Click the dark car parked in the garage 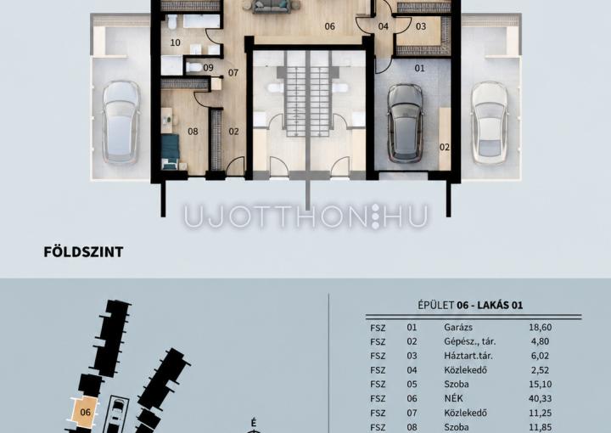click(x=406, y=123)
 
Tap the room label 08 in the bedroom click(x=193, y=132)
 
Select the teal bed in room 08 click(x=171, y=152)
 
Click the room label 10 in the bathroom click(x=176, y=42)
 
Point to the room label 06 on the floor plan click(x=329, y=26)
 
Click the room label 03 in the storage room click(x=421, y=26)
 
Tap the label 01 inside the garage click(x=420, y=68)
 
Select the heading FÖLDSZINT click(x=83, y=252)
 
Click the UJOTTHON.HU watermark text click(x=305, y=216)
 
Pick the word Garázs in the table click(x=458, y=328)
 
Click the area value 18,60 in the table click(x=540, y=328)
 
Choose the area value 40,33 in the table click(x=540, y=398)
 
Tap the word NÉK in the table click(x=453, y=398)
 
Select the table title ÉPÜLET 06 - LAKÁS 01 click(x=470, y=305)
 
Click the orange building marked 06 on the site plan click(x=85, y=412)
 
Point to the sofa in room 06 click(x=272, y=6)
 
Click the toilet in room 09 click(x=193, y=67)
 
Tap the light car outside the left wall click(x=121, y=122)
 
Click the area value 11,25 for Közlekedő click(x=540, y=413)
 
